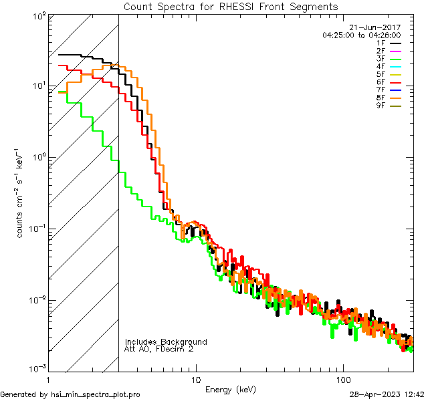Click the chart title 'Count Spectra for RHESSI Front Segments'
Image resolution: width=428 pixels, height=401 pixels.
[x=231, y=7]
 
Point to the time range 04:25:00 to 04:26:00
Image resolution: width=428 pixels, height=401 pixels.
[x=361, y=35]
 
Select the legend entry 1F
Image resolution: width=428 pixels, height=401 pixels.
[x=381, y=43]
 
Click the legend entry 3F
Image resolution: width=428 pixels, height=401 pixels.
[x=381, y=58]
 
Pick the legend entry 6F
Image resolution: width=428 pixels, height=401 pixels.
[x=381, y=82]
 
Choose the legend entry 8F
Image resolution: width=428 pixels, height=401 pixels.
[x=381, y=97]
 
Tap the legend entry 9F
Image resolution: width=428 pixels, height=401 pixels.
[x=381, y=105]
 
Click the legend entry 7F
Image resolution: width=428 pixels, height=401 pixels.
[x=381, y=90]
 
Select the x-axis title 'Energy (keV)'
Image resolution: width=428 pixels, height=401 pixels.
[x=231, y=390]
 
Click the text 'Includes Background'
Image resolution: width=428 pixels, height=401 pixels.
[x=166, y=342]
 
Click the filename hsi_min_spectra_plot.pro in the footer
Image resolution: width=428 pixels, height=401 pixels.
[x=96, y=394]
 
